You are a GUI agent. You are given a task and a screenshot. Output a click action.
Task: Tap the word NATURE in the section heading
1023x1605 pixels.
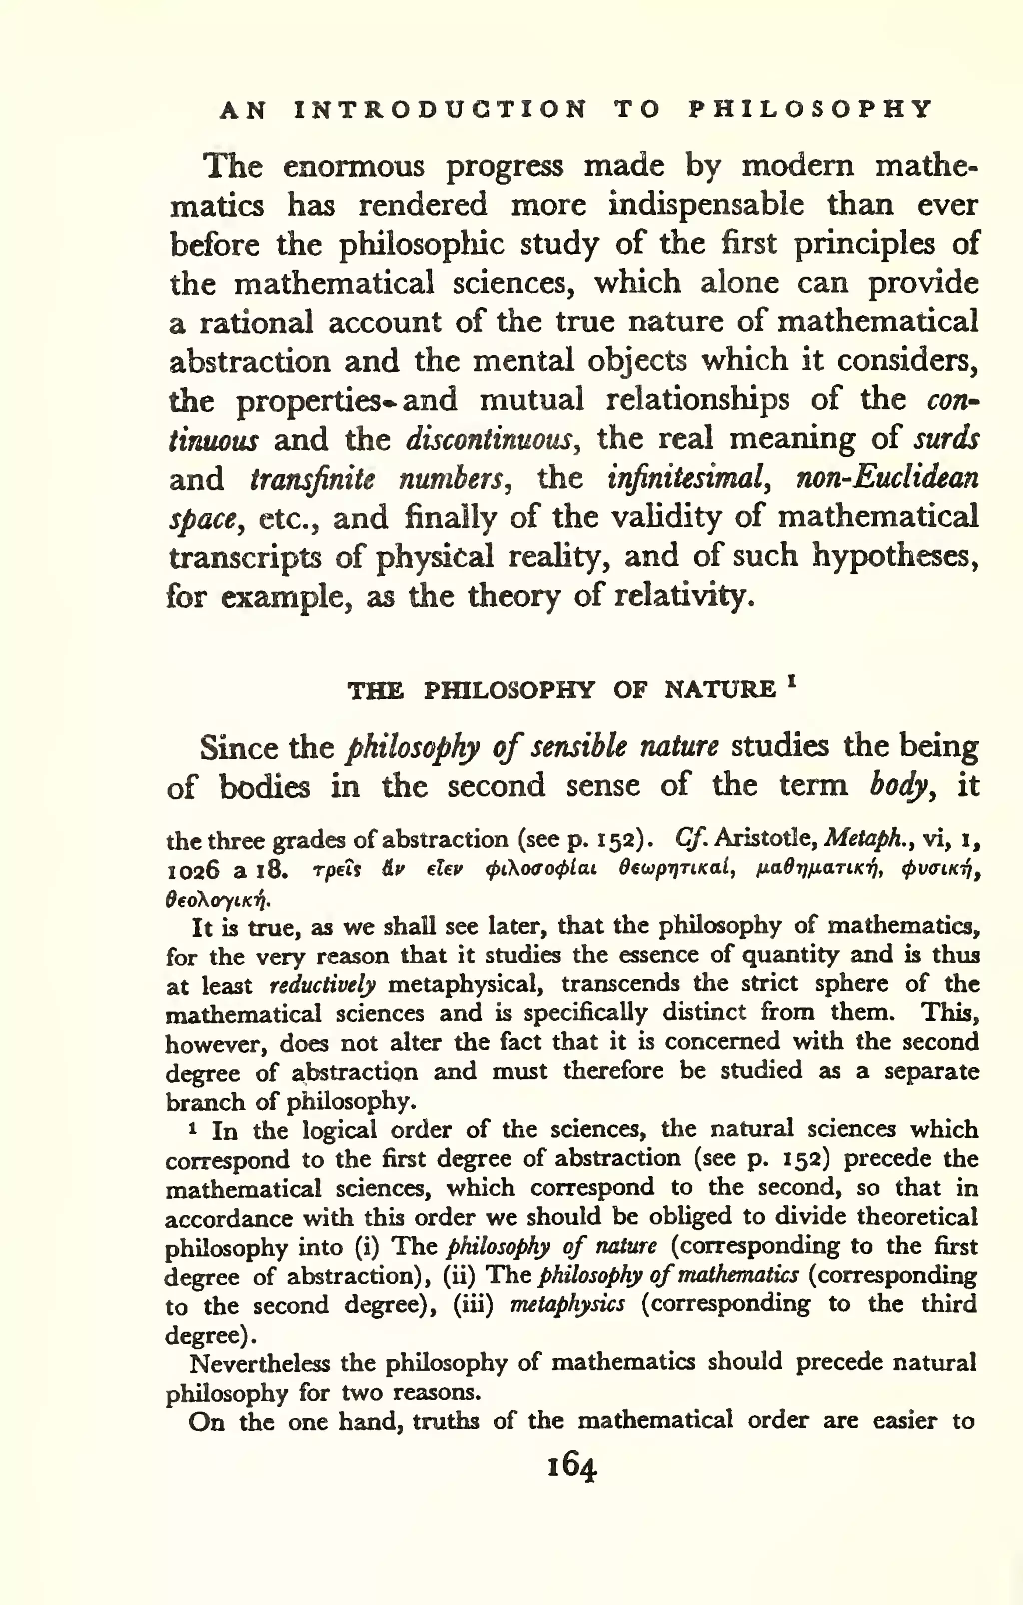coord(720,689)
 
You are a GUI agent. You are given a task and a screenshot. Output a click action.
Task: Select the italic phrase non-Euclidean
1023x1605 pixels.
coord(887,479)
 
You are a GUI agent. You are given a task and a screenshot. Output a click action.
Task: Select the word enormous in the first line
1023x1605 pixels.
coord(354,166)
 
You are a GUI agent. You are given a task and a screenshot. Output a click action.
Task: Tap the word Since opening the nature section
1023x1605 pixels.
coord(239,748)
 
